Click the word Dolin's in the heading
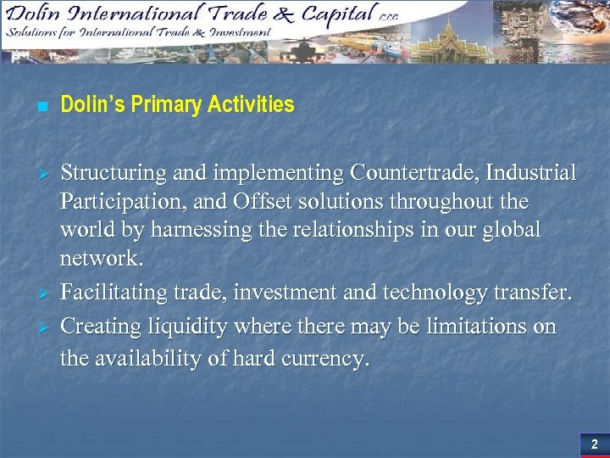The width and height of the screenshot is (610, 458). click(x=91, y=105)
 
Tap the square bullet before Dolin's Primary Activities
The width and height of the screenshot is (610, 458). click(x=40, y=107)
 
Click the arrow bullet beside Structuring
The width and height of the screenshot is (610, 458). click(x=40, y=174)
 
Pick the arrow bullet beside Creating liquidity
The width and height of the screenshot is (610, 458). click(x=40, y=327)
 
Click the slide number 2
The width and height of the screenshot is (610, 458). click(x=594, y=444)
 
